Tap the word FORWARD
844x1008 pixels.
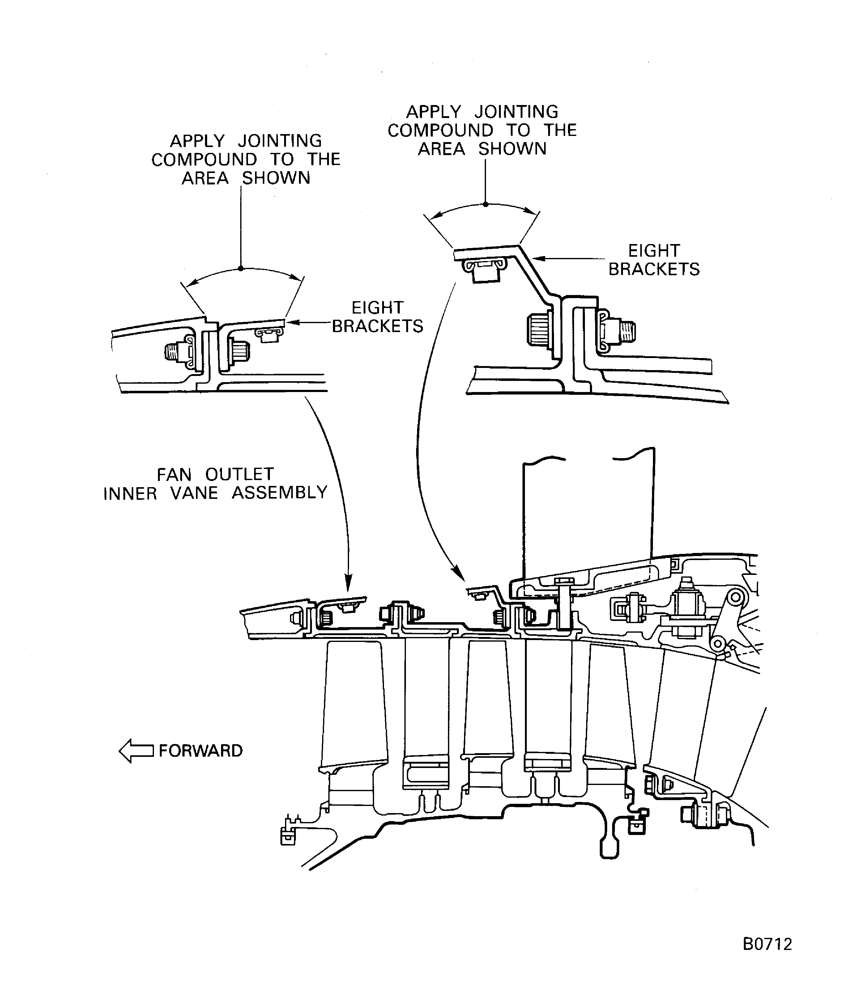(200, 751)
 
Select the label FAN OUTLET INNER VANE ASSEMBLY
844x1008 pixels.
(215, 483)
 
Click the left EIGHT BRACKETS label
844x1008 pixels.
(377, 317)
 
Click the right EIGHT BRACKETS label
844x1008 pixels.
(654, 260)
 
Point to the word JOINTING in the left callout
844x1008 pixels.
(279, 141)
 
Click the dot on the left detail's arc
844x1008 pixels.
(241, 268)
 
